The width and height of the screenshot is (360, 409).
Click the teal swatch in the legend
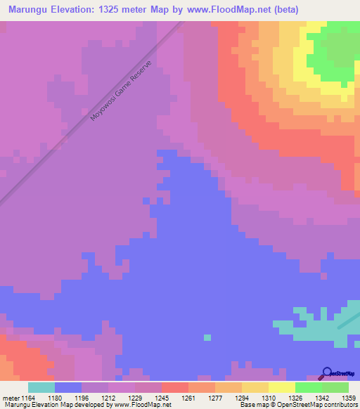coord(41,387)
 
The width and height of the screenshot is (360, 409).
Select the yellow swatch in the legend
coord(281,387)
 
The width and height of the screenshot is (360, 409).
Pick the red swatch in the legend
coord(175,387)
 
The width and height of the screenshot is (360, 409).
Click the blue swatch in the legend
coord(68,387)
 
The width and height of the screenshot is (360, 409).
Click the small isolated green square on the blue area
coord(207,337)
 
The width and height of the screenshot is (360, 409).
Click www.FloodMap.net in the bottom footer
coord(146,405)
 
